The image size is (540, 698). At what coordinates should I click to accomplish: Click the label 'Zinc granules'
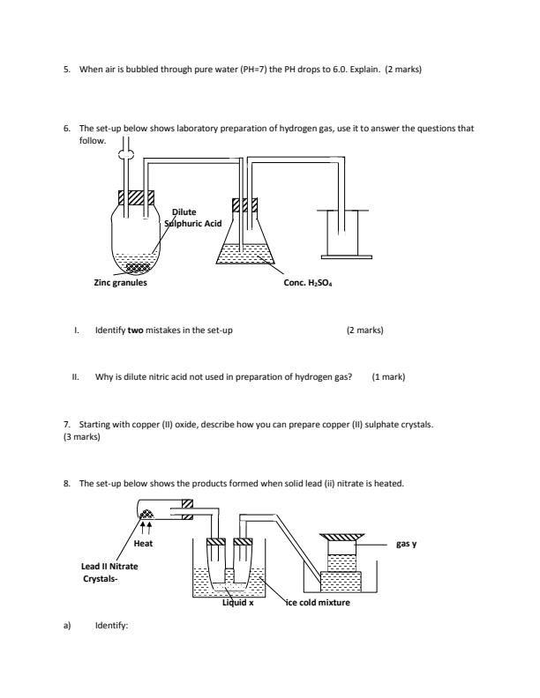(121, 283)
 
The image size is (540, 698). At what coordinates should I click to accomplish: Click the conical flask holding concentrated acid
(246, 247)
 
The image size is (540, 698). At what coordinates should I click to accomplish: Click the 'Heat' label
(144, 544)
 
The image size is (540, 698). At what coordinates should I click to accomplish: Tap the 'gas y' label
(407, 544)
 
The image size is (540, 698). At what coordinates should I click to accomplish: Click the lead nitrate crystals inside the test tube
(147, 511)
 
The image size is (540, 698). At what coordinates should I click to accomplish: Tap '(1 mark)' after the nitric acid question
(388, 376)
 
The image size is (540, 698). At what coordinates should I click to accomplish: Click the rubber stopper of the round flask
(135, 198)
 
